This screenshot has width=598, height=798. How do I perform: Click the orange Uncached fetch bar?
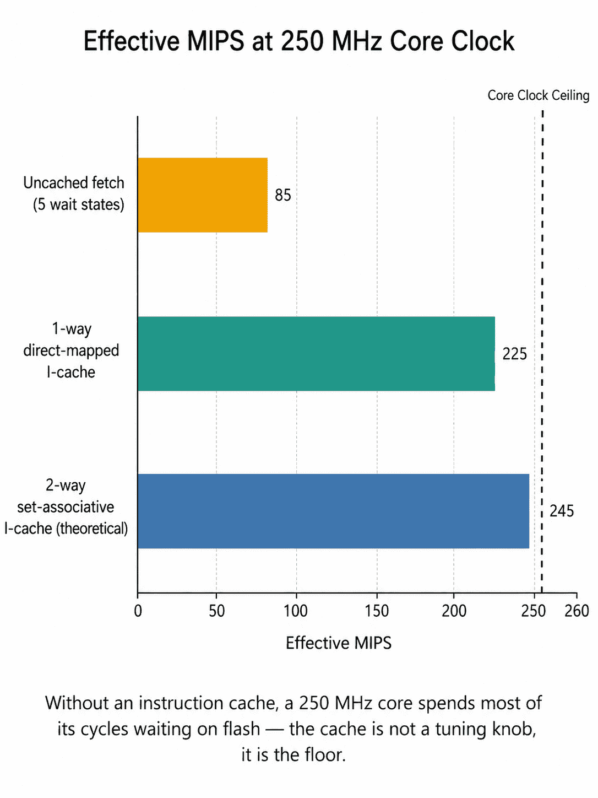tap(203, 195)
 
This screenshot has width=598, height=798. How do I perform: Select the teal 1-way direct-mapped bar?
tap(316, 353)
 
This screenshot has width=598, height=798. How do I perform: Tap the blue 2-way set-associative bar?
tap(333, 511)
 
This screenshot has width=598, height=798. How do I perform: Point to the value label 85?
tap(283, 195)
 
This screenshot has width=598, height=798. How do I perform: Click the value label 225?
tap(514, 354)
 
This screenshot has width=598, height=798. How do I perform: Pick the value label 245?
tap(561, 511)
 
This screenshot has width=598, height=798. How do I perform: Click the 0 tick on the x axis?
tap(138, 611)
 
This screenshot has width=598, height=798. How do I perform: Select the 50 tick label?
tap(217, 611)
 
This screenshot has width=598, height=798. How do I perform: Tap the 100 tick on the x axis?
tap(296, 611)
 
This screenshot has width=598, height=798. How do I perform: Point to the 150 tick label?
tap(377, 611)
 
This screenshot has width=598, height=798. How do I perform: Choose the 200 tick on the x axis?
tap(454, 611)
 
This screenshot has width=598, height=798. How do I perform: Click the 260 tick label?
tap(577, 611)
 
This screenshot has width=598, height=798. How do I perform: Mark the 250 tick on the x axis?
tap(534, 611)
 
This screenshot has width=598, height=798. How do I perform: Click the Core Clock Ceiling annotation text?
tap(539, 95)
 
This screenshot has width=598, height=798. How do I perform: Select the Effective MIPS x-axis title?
tap(339, 643)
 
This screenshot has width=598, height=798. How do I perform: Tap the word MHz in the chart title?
tap(357, 41)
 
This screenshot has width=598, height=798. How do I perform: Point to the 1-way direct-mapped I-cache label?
tap(71, 350)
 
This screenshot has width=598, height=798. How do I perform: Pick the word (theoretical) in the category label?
tap(92, 529)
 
